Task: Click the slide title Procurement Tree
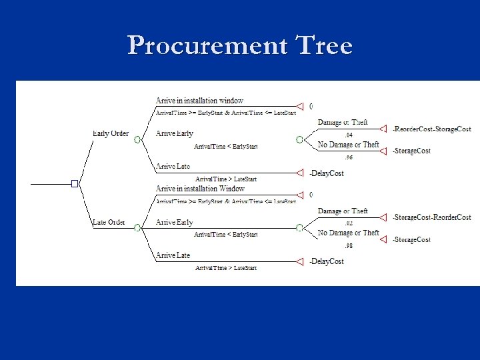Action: tap(240, 45)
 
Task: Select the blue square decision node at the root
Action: tap(75, 183)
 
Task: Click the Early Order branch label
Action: tap(110, 133)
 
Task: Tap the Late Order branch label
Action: tap(108, 222)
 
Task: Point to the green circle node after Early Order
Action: tap(136, 140)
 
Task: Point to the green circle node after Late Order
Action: tap(136, 228)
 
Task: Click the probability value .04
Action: tap(349, 135)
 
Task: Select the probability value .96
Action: tap(349, 157)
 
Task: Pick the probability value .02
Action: tap(349, 223)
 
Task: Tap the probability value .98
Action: tap(349, 245)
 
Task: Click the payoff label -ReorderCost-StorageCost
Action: tap(431, 129)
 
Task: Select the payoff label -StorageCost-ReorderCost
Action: tap(431, 217)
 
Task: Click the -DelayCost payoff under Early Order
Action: tap(327, 173)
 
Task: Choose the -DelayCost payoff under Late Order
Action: tap(327, 261)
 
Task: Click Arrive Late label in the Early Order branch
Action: tap(173, 166)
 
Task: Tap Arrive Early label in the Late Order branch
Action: tap(175, 222)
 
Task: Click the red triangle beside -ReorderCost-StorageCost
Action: tap(383, 129)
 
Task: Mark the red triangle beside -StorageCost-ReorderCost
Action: tap(383, 217)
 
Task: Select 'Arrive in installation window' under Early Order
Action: tap(199, 101)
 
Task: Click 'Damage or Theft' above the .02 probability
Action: tap(343, 211)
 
